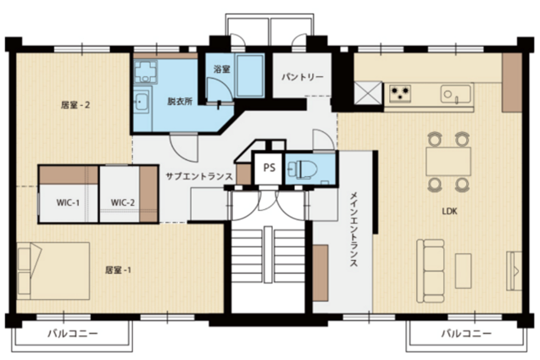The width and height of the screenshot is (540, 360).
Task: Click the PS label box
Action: tap(270, 168)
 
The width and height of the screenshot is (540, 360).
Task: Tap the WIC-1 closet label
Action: tap(68, 202)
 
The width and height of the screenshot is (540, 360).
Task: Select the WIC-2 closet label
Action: tap(123, 202)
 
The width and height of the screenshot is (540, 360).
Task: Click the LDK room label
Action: tap(449, 211)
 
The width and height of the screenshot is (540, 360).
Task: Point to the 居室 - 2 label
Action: tap(75, 105)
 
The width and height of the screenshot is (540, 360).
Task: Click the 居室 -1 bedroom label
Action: tap(118, 270)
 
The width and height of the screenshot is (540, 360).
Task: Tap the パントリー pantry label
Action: tap(303, 77)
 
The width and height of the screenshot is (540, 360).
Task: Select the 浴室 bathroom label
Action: tap(221, 69)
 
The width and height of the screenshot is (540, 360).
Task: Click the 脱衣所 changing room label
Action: tap(180, 102)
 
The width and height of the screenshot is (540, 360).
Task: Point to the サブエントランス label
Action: tap(199, 176)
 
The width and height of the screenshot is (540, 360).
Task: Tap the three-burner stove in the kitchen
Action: tap(400, 93)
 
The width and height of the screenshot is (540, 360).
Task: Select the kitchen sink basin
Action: tap(455, 94)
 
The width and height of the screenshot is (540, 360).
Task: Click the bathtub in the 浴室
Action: tap(250, 75)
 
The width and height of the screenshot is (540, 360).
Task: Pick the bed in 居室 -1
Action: tap(53, 271)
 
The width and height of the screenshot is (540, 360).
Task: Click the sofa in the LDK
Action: tap(431, 271)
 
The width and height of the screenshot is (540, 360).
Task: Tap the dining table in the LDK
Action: tap(448, 162)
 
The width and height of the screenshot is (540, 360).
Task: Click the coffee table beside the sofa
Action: tap(463, 271)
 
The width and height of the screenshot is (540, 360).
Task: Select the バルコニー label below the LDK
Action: tap(466, 333)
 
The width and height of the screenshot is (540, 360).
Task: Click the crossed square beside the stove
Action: tap(368, 92)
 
